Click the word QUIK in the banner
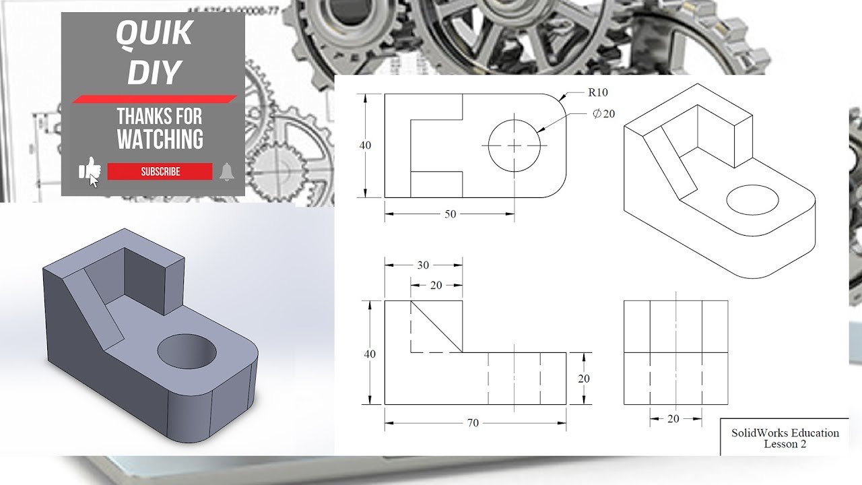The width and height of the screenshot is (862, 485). (154, 34)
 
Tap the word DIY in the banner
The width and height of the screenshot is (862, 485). (154, 72)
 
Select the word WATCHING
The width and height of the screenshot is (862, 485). (160, 139)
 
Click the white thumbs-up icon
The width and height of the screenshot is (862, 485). (88, 170)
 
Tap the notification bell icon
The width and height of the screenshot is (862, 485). (226, 172)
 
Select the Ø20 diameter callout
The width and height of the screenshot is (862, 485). (603, 114)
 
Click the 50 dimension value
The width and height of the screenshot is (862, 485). (450, 214)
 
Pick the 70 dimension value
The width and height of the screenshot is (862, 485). (473, 423)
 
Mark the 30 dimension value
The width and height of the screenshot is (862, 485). (423, 265)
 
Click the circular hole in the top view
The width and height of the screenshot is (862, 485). (515, 145)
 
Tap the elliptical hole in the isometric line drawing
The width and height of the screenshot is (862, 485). (752, 201)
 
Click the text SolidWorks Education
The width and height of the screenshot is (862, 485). (785, 433)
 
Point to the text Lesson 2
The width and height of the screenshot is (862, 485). (785, 444)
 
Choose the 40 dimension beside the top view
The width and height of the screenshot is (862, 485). (366, 145)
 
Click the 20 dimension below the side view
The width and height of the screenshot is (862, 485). (673, 419)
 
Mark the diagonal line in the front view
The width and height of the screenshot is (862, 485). (437, 327)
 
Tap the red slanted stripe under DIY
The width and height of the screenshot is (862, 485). (154, 99)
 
